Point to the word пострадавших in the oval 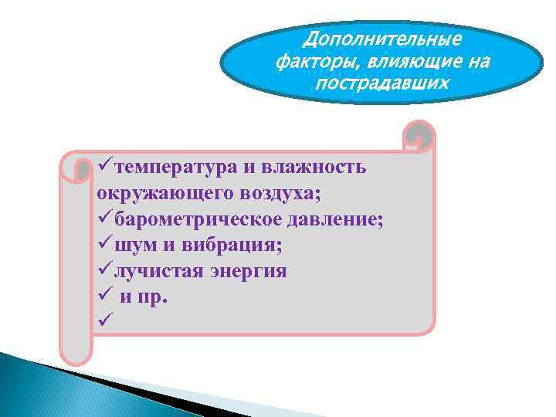pos(381,81)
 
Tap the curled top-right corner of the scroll pos(419,137)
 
